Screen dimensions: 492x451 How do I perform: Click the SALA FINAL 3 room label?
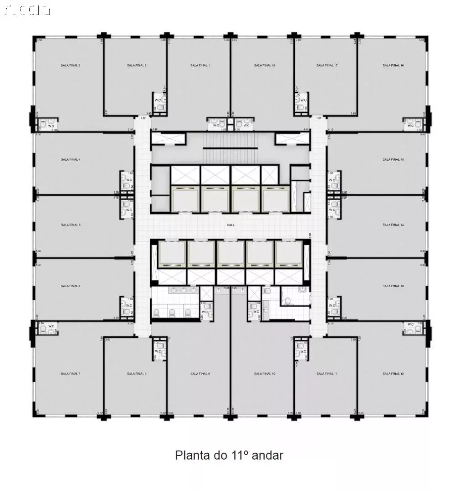coord(70,66)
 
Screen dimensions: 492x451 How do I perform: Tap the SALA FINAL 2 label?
coord(137,66)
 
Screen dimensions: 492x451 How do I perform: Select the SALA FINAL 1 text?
coord(200,66)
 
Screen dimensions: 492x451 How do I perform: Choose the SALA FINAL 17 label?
coord(327,66)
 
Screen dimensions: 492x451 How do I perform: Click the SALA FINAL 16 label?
coord(393,66)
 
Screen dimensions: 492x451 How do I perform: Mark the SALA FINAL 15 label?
coord(393,160)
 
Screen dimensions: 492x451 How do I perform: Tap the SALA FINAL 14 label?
coord(393,225)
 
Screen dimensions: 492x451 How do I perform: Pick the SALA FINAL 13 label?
coord(393,286)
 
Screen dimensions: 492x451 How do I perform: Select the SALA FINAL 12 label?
coord(393,374)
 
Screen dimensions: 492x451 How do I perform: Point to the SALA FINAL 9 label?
coord(200,374)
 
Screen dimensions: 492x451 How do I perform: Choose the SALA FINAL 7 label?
coord(70,374)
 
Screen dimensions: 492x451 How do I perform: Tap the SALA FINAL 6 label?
coord(70,286)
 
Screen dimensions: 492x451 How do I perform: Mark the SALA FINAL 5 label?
coord(70,225)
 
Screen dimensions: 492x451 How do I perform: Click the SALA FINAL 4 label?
coord(70,160)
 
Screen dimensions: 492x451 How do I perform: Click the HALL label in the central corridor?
coord(231,225)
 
